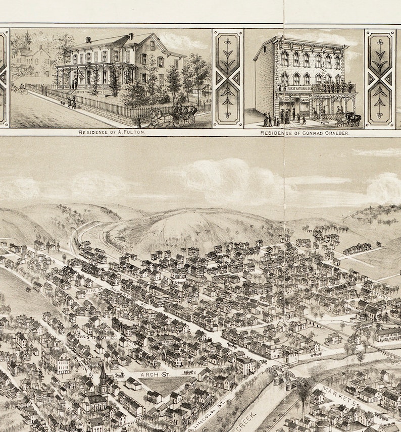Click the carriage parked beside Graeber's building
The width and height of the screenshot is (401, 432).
click(x=350, y=120)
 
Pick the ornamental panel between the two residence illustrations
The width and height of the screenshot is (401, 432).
click(x=228, y=78)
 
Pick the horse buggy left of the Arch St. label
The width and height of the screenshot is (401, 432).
click(x=119, y=376)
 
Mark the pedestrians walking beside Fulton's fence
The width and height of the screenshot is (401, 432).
click(x=72, y=102)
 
